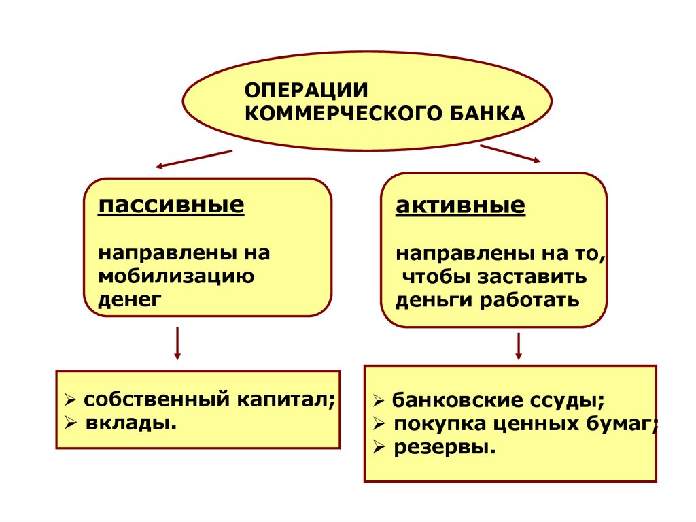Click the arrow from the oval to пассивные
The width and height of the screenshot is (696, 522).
(x=194, y=159)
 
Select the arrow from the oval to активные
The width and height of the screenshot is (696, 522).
(x=510, y=153)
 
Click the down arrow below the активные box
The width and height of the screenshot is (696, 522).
(x=519, y=345)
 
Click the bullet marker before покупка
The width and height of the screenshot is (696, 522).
(x=379, y=424)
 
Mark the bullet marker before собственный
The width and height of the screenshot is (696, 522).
(x=70, y=400)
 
